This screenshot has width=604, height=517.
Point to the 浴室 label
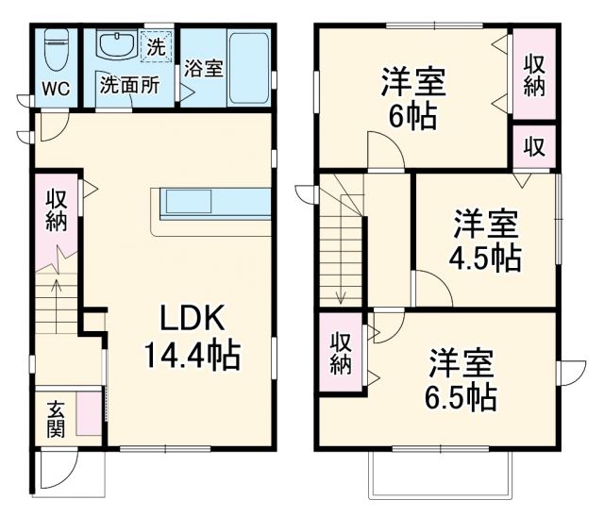pos(203,69)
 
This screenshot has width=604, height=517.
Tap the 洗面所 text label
pos(129,83)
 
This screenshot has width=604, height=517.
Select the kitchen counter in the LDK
pos(212,202)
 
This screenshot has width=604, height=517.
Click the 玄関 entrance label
pos(58,420)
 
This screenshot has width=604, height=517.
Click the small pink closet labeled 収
pos(534,148)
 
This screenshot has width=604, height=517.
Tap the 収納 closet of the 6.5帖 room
pos(341,353)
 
